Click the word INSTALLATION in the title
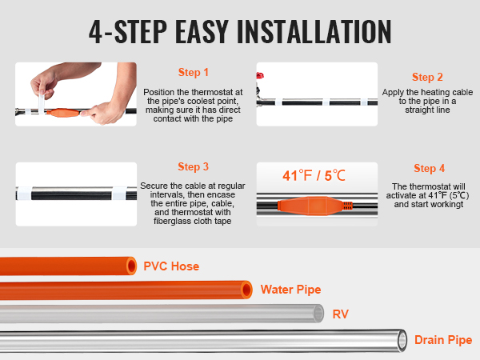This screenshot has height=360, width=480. coord(314,31)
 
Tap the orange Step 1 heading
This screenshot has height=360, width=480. coord(193,73)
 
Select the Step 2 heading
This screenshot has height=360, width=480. coord(427,77)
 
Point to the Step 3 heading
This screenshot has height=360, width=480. coord(193,167)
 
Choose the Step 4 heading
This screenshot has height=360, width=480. coord(429,168)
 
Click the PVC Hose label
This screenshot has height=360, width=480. coord(171,266)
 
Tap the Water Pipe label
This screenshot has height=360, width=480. coord(291,290)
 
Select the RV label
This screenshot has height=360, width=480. coord(341,314)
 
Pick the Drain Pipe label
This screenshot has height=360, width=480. coord(443,340)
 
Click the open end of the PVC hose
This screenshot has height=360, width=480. coord(132,266)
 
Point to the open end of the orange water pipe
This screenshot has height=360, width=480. coord(246,290)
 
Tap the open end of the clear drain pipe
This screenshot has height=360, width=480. coord(402,340)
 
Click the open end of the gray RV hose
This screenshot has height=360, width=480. coord(318,314)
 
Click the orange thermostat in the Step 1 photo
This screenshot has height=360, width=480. coord(63,113)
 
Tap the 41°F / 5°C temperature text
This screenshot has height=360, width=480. coord(314,176)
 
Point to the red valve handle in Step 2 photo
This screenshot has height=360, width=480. coord(260,76)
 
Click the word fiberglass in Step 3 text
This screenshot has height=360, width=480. coord(172,221)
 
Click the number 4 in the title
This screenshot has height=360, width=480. coord(96,32)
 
